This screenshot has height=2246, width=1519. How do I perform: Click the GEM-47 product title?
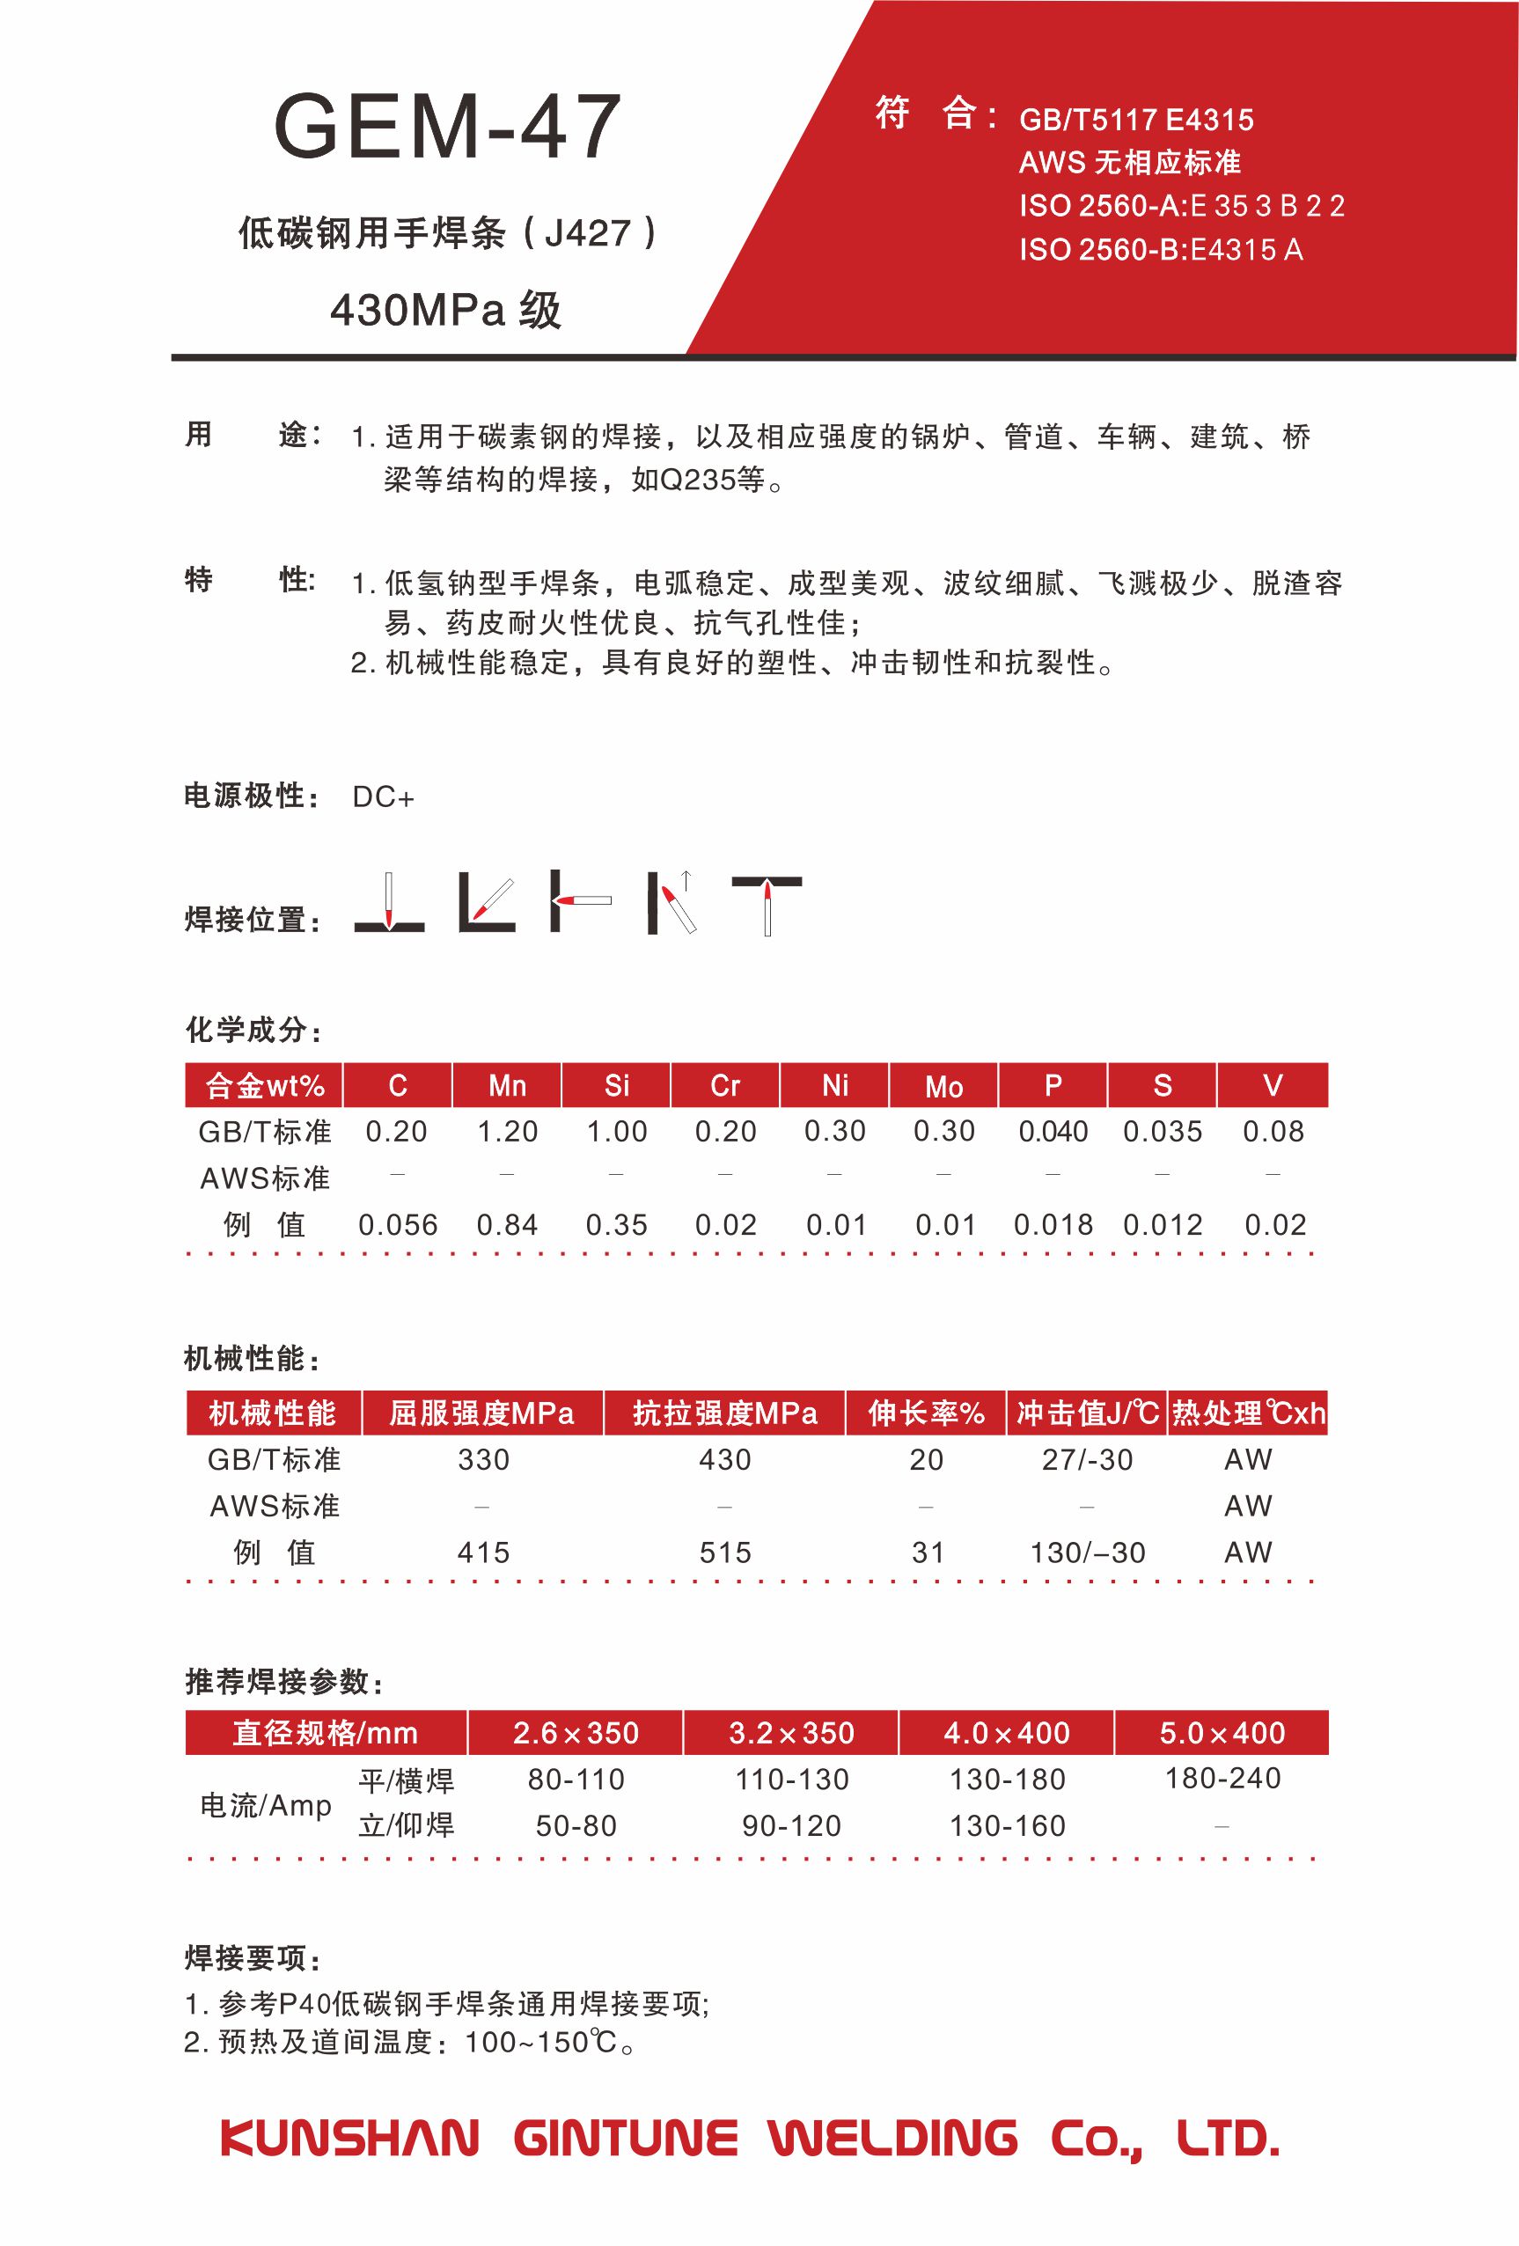coord(446,128)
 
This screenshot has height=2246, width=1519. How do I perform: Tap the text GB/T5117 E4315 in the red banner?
coord(1136,120)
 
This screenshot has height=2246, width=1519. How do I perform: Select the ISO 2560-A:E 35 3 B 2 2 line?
coord(1181,206)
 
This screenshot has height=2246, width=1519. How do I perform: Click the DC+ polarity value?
coord(383,797)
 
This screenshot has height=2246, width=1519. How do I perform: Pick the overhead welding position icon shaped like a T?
coord(767,904)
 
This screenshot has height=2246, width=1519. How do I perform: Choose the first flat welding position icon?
coord(389,904)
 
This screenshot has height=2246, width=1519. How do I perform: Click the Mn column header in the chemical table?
coord(507,1086)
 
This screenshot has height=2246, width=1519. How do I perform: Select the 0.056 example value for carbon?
coord(398,1225)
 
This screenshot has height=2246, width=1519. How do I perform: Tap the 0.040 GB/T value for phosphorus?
coord(1053,1132)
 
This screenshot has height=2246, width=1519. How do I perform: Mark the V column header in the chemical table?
coord(1273,1086)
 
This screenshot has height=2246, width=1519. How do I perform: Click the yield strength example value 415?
coord(483,1553)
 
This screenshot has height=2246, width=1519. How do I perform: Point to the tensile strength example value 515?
coord(724,1553)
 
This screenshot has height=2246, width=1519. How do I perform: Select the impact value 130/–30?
coord(1087,1553)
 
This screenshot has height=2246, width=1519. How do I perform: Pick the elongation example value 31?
coord(927,1553)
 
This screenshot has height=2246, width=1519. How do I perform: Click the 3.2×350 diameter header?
coord(791,1733)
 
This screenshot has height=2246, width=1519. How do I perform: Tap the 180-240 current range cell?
coord(1222,1779)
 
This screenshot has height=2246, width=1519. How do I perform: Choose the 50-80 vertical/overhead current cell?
coord(576,1825)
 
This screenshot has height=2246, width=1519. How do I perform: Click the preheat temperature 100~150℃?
coord(541,2042)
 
